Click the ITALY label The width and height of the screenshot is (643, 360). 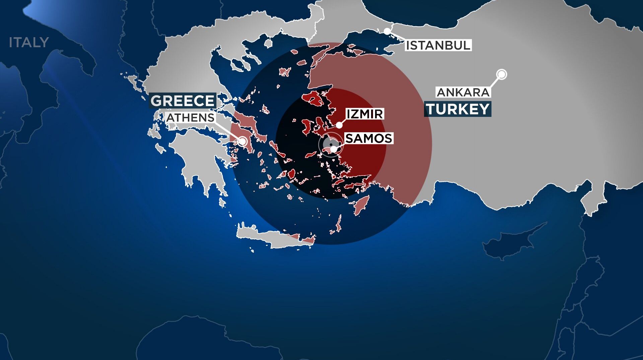29,43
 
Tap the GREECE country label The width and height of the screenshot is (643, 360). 183,101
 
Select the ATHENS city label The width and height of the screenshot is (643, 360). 190,118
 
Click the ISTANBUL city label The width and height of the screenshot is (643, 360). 438,45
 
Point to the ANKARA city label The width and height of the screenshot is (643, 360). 463,92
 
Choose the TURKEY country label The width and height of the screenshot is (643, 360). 457,109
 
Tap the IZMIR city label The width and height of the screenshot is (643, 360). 364,114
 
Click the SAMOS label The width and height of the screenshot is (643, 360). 368,138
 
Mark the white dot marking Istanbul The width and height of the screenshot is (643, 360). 387,31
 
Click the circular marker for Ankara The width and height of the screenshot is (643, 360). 502,74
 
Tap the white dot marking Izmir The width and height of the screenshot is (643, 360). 339,125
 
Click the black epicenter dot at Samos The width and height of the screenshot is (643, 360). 331,144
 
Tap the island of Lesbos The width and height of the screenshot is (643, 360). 313,98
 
